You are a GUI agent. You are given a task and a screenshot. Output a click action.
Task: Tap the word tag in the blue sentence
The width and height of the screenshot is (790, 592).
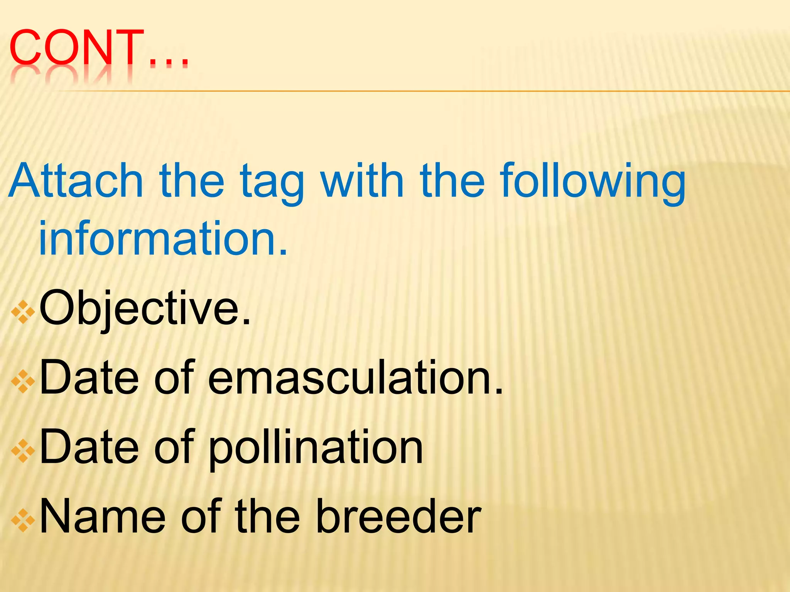click(272, 183)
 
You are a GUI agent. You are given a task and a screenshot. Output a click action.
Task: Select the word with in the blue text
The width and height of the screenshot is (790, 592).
click(362, 180)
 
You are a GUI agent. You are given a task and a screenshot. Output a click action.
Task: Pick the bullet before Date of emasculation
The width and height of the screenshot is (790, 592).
click(23, 381)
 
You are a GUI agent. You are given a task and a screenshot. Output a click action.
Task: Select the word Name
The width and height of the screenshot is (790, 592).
click(103, 516)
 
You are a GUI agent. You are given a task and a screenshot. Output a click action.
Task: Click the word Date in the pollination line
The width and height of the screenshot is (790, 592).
click(89, 447)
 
